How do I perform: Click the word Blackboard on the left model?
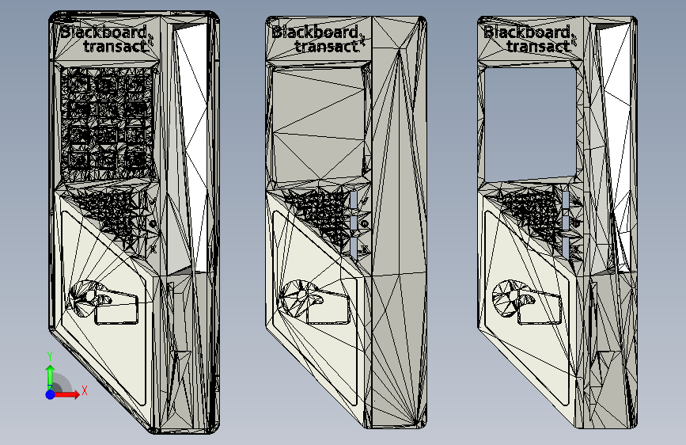tap(103, 32)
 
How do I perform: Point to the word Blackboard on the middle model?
tap(315, 32)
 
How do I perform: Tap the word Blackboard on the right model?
tap(527, 32)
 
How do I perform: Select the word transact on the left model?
tap(116, 46)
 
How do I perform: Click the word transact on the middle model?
tap(327, 46)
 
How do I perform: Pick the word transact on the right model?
tap(539, 46)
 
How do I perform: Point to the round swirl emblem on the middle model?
tap(299, 297)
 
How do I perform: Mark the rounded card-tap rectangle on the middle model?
tap(326, 308)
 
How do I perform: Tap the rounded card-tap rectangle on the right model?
tap(541, 307)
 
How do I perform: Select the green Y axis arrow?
tap(49, 374)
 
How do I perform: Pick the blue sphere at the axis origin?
tap(50, 394)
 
